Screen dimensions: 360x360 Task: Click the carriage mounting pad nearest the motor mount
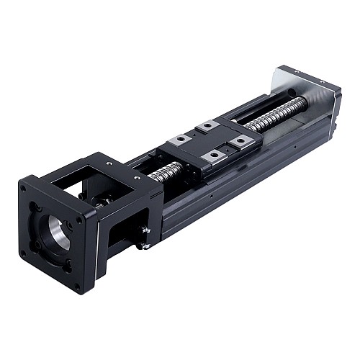tap(179, 139)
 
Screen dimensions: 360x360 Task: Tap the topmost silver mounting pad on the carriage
tap(209, 126)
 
